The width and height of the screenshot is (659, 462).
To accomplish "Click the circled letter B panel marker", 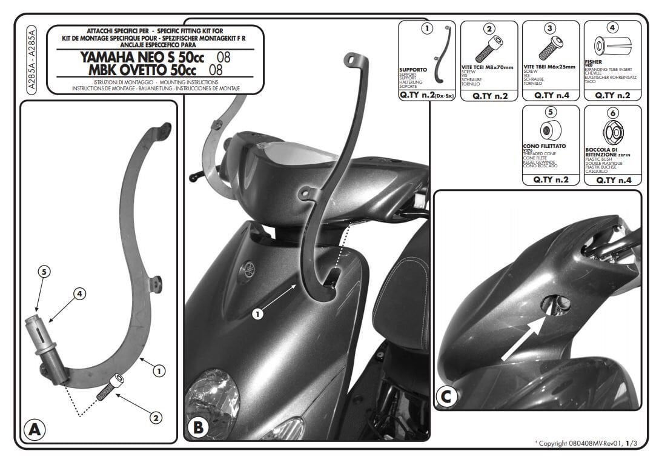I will [198, 427].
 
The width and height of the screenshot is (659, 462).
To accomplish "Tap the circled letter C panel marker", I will [446, 397].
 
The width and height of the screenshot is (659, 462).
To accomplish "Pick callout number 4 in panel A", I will [79, 294].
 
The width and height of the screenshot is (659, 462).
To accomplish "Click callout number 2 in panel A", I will [156, 417].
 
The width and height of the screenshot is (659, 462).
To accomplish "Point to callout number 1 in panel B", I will [257, 314].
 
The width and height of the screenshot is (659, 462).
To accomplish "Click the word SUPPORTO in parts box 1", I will [413, 70].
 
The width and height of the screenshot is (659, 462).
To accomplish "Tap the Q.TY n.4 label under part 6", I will [612, 180].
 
